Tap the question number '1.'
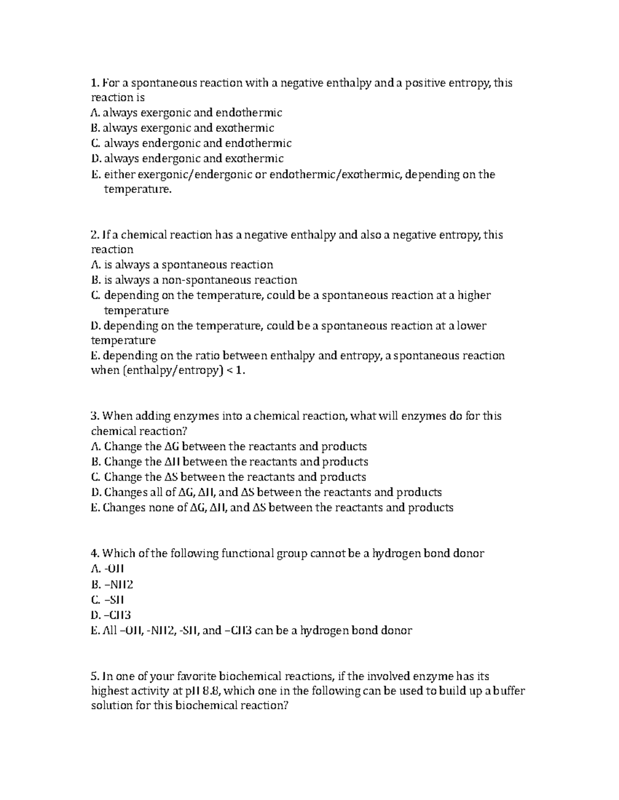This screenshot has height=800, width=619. (94, 83)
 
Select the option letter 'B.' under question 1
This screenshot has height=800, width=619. (95, 128)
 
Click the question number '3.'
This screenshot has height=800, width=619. (95, 416)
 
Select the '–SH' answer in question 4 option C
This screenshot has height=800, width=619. (114, 600)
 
